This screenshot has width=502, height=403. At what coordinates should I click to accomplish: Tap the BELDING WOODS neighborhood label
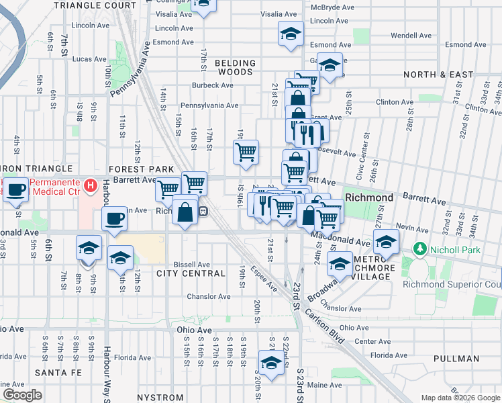click(236, 68)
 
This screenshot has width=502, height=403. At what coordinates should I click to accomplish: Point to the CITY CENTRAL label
click(191, 274)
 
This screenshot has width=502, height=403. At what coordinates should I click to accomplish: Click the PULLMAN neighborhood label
click(456, 359)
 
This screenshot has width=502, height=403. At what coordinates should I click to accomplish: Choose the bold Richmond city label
click(369, 198)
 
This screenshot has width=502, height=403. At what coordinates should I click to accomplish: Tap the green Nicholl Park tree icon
click(420, 249)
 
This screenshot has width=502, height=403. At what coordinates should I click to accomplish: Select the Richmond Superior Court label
click(452, 283)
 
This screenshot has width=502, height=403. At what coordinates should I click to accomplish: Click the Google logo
click(22, 395)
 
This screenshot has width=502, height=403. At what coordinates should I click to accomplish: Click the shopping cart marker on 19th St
click(246, 151)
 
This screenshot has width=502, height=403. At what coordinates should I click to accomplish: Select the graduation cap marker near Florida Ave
click(270, 363)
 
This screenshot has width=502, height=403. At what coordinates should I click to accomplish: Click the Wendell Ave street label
click(411, 35)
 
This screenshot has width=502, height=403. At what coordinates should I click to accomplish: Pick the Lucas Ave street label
click(90, 59)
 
